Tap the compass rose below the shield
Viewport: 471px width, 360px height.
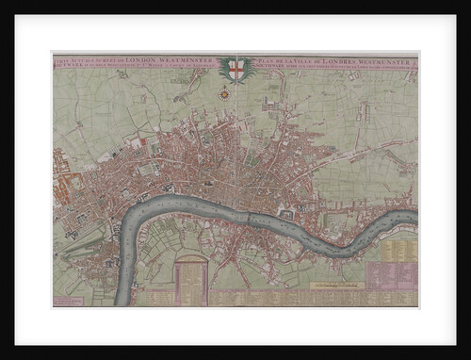tap(225, 93)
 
